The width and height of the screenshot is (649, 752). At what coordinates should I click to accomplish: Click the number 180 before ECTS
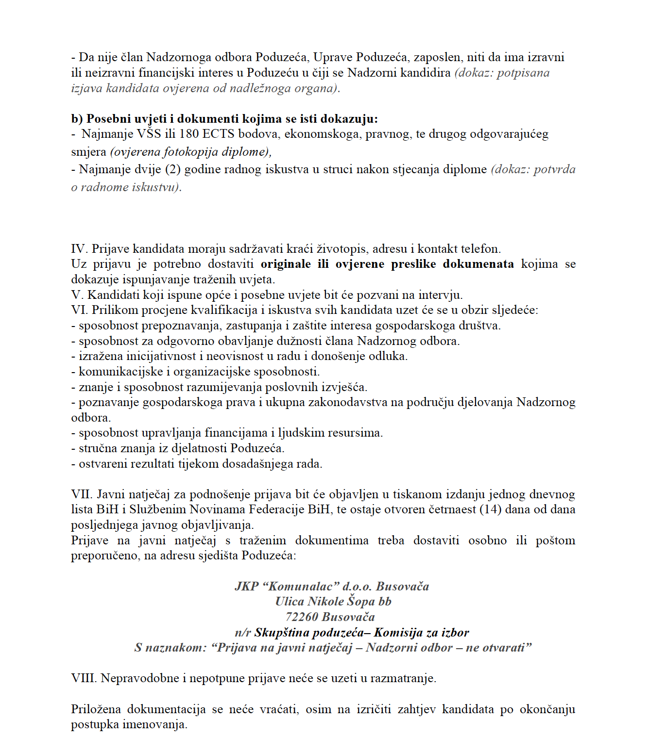(x=189, y=134)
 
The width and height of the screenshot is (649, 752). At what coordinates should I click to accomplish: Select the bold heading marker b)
(x=77, y=119)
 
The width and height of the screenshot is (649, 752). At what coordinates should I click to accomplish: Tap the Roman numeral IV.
(x=79, y=249)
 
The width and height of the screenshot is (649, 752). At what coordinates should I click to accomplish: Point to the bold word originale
(x=286, y=264)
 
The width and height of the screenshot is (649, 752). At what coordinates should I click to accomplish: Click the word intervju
(x=442, y=295)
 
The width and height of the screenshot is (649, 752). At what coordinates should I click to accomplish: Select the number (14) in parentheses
(x=490, y=509)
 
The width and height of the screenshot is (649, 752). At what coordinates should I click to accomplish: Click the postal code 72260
(x=302, y=617)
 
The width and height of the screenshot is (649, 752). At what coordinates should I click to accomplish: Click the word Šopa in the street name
(x=361, y=602)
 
